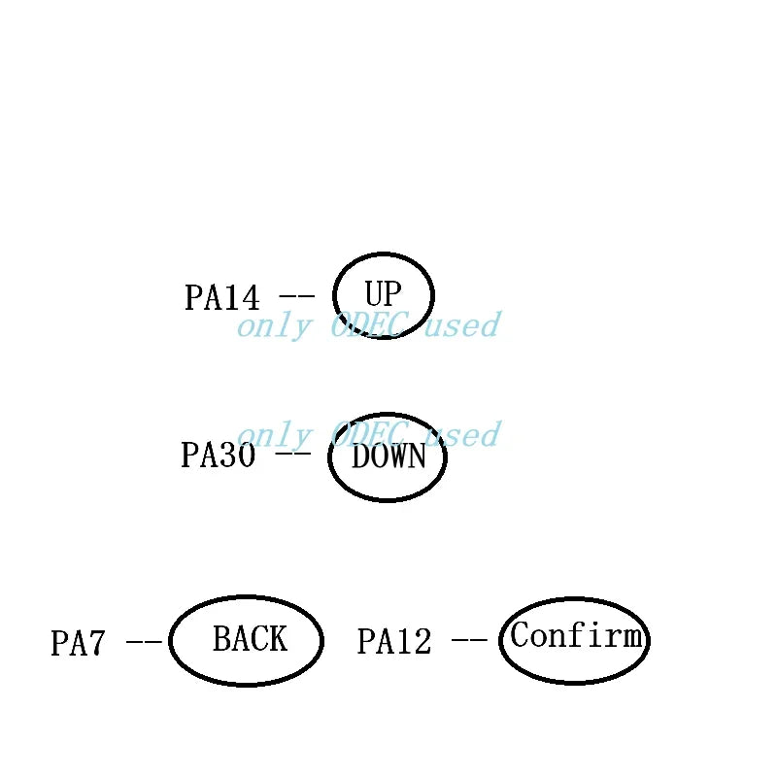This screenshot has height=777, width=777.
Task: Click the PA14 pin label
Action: point(222,297)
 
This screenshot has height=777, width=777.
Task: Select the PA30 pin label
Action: point(219,455)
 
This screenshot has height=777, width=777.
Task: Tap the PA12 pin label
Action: point(394,641)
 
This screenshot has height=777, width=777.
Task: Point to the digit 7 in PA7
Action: point(96,643)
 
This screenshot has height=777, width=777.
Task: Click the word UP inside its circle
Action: point(383,293)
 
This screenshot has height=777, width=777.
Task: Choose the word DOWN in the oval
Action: point(388,456)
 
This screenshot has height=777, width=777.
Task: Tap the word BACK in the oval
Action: point(251,639)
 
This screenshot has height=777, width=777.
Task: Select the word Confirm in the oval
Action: point(576,635)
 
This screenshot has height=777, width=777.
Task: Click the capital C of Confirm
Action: point(519,635)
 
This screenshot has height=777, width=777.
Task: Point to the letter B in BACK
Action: point(222,639)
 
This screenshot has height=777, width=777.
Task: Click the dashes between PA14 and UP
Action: point(297,296)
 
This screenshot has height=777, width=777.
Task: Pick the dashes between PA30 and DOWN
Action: point(293,454)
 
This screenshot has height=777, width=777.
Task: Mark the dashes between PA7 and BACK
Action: point(144,642)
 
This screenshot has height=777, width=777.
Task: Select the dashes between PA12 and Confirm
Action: point(469,640)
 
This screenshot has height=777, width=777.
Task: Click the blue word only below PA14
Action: point(275,327)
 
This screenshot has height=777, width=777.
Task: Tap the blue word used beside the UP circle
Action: point(463,325)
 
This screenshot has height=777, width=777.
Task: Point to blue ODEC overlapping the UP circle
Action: point(370,325)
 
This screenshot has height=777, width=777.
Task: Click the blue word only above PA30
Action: point(275,436)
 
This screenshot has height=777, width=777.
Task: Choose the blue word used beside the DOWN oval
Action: point(463,434)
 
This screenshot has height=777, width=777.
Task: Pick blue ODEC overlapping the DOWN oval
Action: point(370,434)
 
